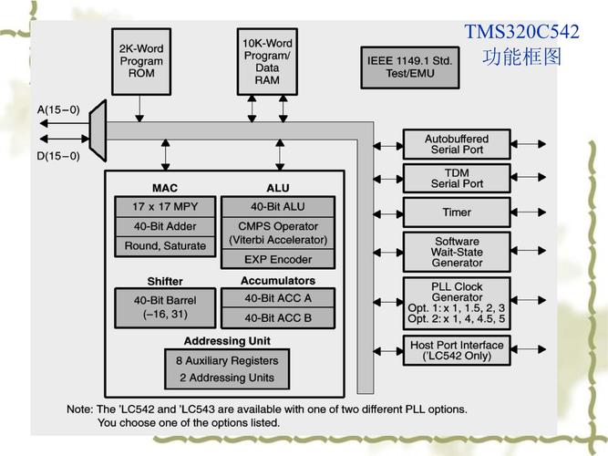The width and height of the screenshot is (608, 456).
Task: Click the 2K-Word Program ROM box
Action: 140,60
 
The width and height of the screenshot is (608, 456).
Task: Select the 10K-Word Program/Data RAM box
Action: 267,61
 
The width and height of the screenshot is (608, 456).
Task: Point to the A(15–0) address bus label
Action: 58,110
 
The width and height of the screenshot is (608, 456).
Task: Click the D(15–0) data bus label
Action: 58,155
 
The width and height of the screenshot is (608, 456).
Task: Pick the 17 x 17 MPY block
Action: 165,206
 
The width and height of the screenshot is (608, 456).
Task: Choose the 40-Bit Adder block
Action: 165,226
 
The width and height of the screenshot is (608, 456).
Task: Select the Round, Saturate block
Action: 165,246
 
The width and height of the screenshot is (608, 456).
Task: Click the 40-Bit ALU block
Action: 277,206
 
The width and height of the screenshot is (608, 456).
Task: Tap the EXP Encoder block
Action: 277,259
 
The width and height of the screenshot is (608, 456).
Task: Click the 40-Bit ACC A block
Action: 277,297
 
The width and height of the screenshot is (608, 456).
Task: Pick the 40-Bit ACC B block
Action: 277,317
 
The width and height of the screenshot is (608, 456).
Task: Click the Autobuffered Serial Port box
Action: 457,144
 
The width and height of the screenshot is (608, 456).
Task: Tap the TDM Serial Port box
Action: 457,178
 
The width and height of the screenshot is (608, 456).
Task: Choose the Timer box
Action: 457,212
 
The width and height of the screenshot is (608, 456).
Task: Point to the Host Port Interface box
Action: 457,350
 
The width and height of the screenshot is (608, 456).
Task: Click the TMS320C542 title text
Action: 521,32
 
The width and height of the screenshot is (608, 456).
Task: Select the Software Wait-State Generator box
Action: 457,252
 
